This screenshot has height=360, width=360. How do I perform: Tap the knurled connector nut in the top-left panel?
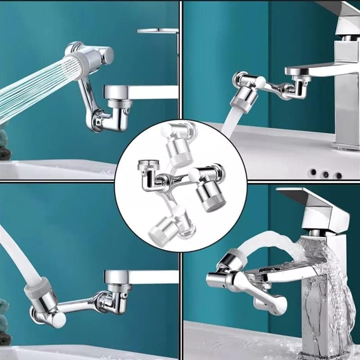click(120, 105)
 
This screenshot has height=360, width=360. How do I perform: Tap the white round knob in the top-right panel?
click(260, 82)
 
